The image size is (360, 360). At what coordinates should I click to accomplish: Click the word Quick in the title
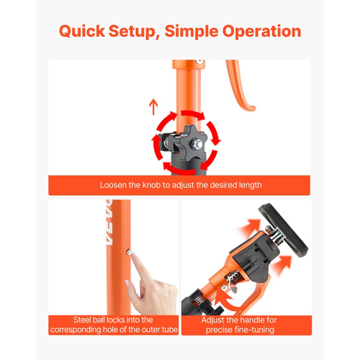coord(82,31)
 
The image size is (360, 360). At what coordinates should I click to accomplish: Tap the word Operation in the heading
coord(261,31)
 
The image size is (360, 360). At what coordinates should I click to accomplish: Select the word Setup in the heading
coord(134,31)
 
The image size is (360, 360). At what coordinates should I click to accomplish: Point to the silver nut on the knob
coord(196,144)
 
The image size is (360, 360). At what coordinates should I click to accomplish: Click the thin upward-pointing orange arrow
coord(153,107)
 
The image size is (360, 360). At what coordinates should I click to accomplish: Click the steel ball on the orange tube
coord(129,252)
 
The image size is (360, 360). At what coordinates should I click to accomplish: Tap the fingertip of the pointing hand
coord(133,256)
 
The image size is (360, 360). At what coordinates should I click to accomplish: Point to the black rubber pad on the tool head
coord(283,230)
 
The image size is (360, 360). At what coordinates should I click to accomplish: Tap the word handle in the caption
coord(251,320)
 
